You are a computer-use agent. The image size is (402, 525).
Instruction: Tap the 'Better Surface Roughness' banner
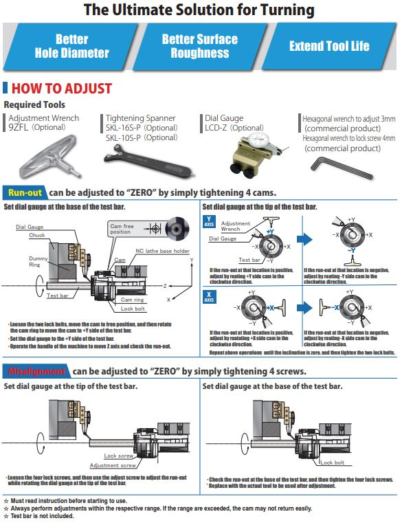[x=199, y=46]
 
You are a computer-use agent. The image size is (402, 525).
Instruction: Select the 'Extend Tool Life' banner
[x=329, y=46]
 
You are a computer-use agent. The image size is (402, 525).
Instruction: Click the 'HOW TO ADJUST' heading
[x=61, y=89]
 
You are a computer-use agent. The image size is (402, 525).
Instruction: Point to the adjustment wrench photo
[x=41, y=153]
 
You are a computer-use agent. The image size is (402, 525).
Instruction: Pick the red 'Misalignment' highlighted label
[x=36, y=371]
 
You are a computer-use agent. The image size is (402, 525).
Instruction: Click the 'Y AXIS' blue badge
[x=209, y=222]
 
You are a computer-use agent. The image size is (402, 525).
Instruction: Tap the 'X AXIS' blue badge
[x=209, y=297]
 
